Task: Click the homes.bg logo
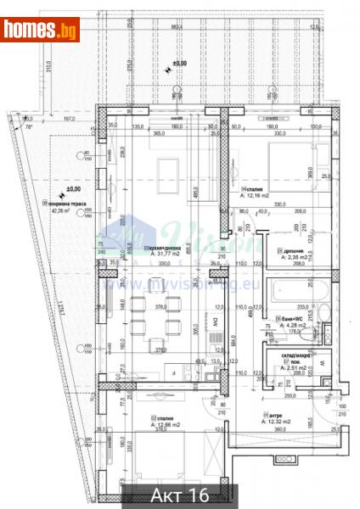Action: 41,31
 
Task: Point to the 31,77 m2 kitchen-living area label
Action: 169,253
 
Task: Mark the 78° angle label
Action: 31,126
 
